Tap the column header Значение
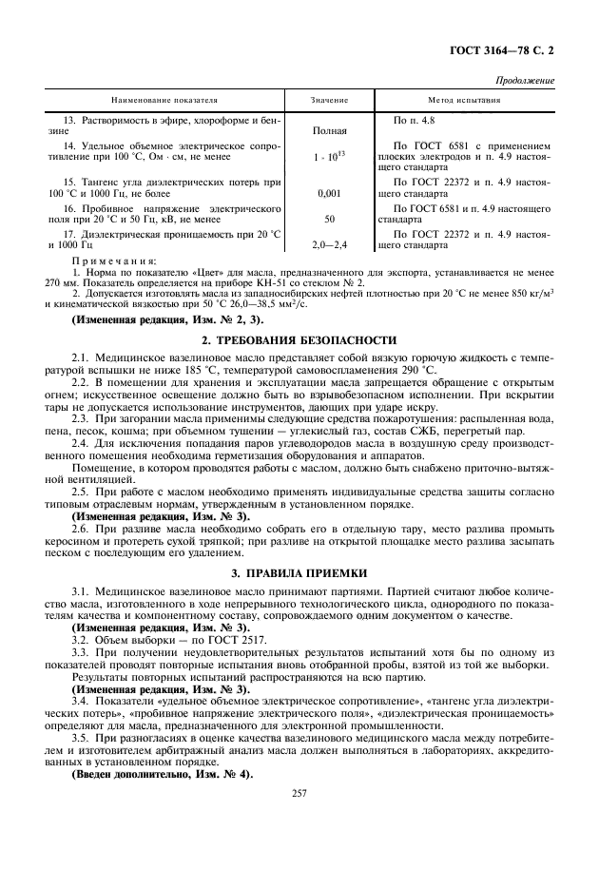click(x=329, y=99)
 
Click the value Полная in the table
click(x=329, y=130)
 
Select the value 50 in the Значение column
click(x=329, y=219)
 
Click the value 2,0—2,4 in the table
click(x=329, y=244)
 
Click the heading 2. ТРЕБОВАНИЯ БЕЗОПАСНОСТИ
click(x=299, y=339)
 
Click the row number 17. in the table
click(x=69, y=233)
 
